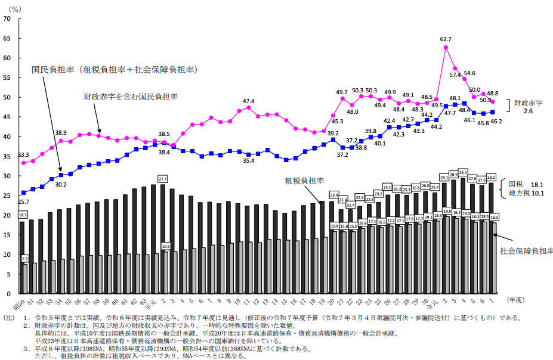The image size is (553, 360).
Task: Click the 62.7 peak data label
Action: click(x=446, y=39)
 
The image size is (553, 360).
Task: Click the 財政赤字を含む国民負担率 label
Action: click(x=131, y=96)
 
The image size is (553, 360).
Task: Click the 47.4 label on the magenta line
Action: click(x=249, y=101)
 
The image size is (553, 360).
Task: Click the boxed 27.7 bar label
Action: click(x=163, y=178)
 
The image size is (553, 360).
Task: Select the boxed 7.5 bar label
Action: click(x=25, y=259)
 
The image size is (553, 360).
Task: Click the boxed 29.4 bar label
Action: click(x=462, y=172)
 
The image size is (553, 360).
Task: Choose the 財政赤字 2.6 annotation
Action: click(x=528, y=107)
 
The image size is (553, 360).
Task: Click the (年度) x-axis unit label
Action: click(x=517, y=299)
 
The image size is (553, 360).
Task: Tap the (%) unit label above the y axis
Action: click(x=16, y=9)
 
